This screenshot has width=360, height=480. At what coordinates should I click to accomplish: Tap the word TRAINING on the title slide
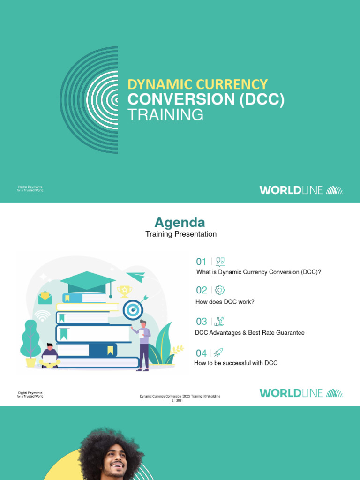165,114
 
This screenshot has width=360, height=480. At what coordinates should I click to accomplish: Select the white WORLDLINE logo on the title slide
301,190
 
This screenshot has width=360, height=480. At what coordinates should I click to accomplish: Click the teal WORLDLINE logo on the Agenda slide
301,393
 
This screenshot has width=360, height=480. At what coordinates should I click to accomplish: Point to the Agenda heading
180,222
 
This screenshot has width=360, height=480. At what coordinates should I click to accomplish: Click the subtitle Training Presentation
181,234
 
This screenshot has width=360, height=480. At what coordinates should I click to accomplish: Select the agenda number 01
201,262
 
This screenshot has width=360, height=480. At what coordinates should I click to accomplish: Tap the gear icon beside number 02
219,290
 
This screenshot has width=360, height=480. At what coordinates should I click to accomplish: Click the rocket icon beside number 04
218,352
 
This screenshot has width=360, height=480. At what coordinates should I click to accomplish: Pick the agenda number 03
201,322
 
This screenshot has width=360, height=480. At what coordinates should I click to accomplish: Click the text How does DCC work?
225,302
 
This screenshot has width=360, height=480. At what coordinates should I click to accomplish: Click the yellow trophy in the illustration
124,291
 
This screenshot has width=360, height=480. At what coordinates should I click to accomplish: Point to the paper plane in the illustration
135,277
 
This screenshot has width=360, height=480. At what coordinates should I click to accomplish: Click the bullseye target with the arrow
133,310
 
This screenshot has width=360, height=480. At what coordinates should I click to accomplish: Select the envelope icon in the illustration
45,296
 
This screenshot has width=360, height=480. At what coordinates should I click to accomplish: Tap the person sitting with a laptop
49,356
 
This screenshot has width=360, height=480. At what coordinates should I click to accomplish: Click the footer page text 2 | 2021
180,401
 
